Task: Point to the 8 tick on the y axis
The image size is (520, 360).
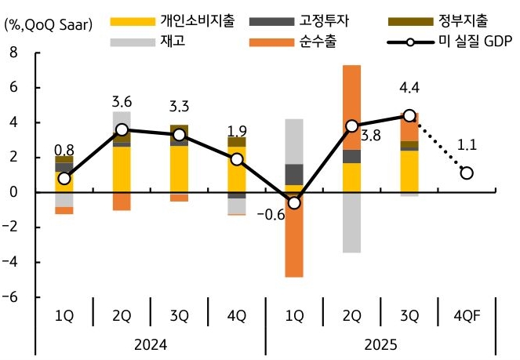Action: (x=12, y=53)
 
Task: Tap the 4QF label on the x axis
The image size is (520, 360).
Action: (x=467, y=316)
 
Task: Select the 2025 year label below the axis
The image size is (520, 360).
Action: (x=380, y=344)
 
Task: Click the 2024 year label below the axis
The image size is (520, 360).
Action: (x=150, y=344)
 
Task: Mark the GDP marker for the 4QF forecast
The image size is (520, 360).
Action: (x=467, y=173)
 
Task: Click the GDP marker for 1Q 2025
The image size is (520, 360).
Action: (x=294, y=202)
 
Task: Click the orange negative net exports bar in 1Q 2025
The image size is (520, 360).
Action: (x=294, y=235)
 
